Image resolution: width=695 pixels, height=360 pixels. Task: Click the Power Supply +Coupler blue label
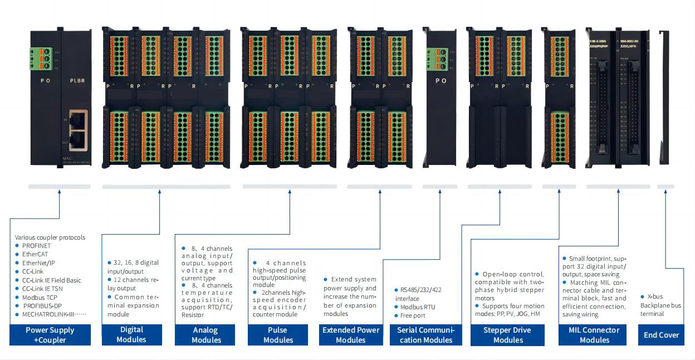click(x=50, y=335)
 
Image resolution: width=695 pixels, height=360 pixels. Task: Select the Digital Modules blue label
click(x=131, y=335)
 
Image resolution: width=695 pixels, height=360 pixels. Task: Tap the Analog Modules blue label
click(x=205, y=335)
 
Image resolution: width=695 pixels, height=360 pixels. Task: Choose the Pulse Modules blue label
click(x=278, y=335)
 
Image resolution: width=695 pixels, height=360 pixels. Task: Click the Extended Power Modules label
click(x=351, y=335)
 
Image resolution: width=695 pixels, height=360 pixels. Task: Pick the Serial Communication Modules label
click(x=425, y=335)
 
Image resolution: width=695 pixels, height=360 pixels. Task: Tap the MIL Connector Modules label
click(x=594, y=335)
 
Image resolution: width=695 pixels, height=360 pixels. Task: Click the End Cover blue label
click(x=661, y=335)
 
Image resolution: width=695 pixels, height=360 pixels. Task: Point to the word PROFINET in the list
click(x=36, y=246)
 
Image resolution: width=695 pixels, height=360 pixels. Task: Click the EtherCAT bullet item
click(x=35, y=254)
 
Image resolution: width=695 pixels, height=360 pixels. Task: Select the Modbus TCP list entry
click(x=40, y=298)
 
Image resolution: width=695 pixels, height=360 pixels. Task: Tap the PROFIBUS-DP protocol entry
click(x=42, y=306)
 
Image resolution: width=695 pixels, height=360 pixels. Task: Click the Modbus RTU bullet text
click(x=418, y=307)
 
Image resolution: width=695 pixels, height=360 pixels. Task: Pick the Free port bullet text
click(x=413, y=315)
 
